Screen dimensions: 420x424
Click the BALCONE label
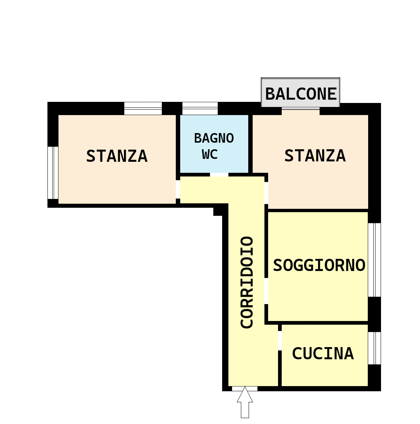(x=301, y=94)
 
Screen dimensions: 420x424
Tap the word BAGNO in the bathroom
(x=214, y=138)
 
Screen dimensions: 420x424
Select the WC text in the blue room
(x=210, y=154)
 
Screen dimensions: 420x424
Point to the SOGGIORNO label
(x=319, y=265)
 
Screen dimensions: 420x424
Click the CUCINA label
(x=323, y=353)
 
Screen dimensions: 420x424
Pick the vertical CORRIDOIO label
(x=247, y=282)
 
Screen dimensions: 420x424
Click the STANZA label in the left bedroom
(x=117, y=156)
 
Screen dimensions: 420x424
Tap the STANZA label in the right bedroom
(x=315, y=156)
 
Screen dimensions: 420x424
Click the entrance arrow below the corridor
(x=245, y=402)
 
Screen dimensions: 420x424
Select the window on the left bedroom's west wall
(x=53, y=173)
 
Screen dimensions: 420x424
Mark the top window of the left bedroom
(x=143, y=108)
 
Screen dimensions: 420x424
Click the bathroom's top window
(x=200, y=108)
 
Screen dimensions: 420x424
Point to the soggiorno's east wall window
(x=374, y=260)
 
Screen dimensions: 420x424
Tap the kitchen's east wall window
(x=374, y=348)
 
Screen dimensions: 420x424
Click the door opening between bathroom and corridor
(x=219, y=175)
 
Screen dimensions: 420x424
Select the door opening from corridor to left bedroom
(x=178, y=189)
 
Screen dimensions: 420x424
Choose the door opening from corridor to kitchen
(x=280, y=341)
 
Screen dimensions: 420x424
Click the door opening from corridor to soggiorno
(x=266, y=291)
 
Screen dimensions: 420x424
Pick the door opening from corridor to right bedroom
(x=266, y=193)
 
